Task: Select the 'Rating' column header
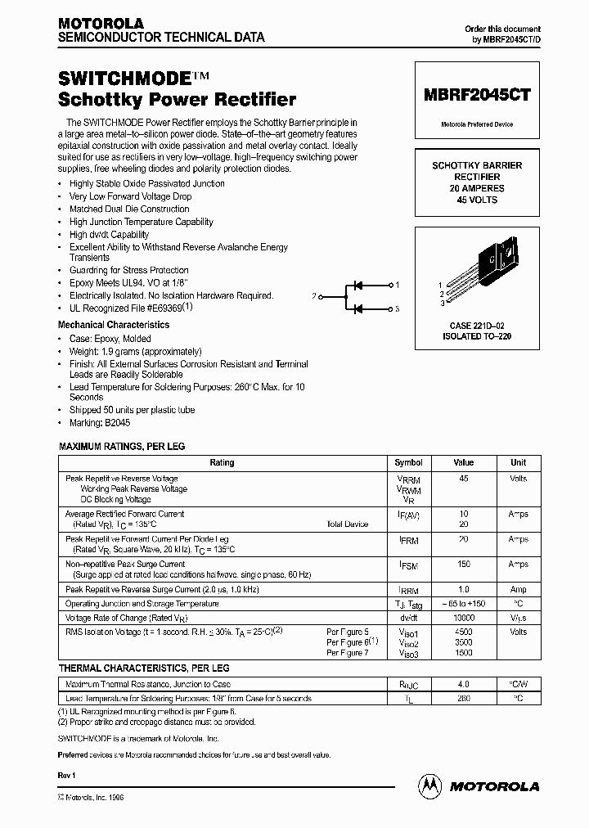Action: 222,462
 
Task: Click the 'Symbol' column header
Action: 409,462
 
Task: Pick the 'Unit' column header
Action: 519,462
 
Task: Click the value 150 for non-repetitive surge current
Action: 464,564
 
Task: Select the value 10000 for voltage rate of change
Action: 464,618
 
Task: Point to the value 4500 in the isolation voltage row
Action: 464,632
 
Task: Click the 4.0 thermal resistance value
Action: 464,684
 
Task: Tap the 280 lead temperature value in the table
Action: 464,698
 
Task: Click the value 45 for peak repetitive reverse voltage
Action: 464,479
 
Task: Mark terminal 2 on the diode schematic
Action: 314,296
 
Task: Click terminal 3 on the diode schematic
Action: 398,309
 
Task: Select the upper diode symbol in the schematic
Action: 357,285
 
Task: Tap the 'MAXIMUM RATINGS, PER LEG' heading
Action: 122,447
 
